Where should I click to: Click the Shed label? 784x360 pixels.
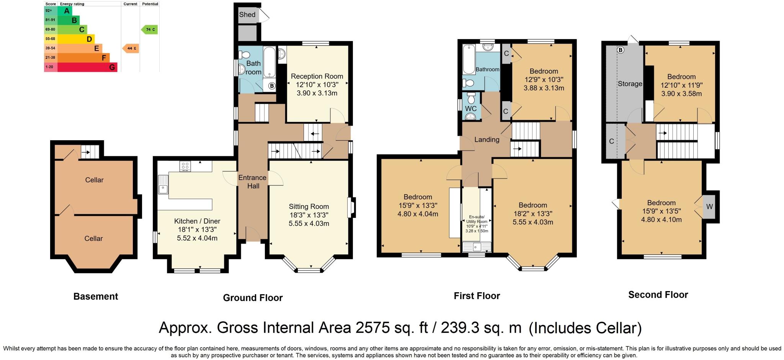pos(247,15)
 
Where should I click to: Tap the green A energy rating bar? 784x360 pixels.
pos(64,11)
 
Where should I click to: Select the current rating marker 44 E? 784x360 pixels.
pos(131,48)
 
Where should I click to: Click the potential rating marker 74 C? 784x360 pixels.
pos(150,29)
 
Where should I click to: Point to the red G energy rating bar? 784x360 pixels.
pos(87,67)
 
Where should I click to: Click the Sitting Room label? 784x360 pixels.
pos(309,206)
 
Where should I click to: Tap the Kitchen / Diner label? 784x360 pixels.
pos(197,221)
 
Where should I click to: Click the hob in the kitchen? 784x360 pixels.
pos(186,166)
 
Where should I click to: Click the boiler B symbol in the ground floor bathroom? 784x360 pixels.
pos(272,86)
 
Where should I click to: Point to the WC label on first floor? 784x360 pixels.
pos(471,109)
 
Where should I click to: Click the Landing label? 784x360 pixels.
pos(487,139)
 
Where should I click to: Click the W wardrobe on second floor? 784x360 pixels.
pos(709,207)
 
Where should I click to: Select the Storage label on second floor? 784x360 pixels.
pos(630,83)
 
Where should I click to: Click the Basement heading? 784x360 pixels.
pos(96,296)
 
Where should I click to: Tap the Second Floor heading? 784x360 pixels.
pos(658,295)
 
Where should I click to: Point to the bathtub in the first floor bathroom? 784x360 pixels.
pos(469,60)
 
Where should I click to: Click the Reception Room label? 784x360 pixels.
pos(317,76)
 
